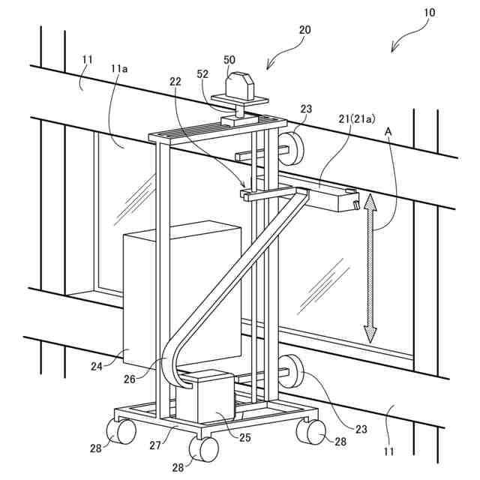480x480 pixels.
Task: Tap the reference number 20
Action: (x=304, y=30)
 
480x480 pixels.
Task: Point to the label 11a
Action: (x=119, y=69)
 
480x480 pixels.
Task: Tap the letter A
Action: (x=388, y=130)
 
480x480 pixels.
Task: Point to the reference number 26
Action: (x=130, y=378)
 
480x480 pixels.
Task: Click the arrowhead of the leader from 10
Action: (x=394, y=50)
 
